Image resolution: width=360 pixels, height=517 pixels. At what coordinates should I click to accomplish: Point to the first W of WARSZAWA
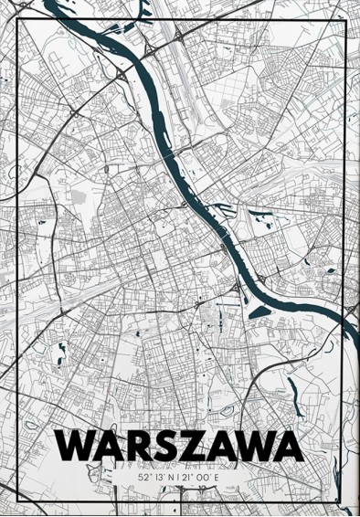click(x=77, y=448)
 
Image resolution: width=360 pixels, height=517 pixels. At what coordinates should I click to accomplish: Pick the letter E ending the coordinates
click(x=220, y=477)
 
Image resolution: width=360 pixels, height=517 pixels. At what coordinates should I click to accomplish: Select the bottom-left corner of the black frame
click(x=18, y=500)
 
